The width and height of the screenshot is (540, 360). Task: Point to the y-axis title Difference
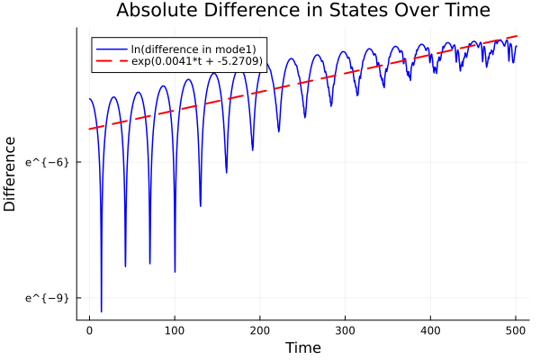11,174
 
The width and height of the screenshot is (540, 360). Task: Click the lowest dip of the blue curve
102,311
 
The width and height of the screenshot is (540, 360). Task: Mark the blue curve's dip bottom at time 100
175,271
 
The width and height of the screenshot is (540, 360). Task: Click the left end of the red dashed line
89,130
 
